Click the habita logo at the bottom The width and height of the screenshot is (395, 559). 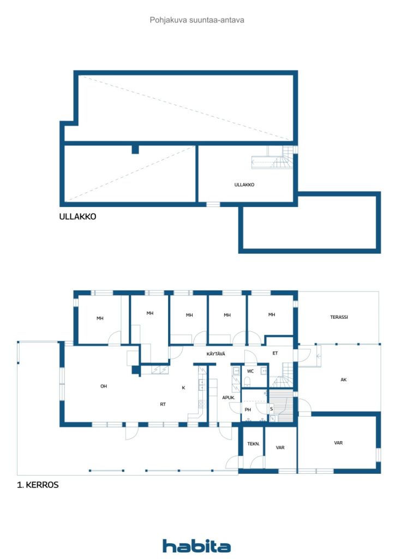(196, 546)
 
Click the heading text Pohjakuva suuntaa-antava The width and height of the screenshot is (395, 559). (197, 20)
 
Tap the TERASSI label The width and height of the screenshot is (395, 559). (339, 317)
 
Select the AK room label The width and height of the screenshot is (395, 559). (343, 380)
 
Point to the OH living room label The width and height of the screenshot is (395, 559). (104, 386)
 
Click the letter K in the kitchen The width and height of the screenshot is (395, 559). (183, 388)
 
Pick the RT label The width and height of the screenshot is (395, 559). (163, 405)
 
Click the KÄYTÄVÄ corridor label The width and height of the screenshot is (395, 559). (216, 354)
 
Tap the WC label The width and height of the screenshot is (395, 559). (250, 371)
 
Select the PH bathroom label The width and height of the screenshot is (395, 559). (248, 409)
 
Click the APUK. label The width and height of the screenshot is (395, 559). (229, 397)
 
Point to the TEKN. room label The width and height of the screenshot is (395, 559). (253, 444)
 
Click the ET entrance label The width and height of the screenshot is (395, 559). (275, 353)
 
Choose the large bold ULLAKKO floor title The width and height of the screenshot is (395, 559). (77, 216)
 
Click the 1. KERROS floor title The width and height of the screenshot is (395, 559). (38, 485)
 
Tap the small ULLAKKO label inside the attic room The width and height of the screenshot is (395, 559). (244, 185)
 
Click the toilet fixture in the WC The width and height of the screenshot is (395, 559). (248, 383)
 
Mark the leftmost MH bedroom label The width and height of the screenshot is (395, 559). (100, 318)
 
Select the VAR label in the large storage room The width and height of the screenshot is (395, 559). (338, 443)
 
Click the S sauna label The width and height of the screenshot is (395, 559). (271, 409)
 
